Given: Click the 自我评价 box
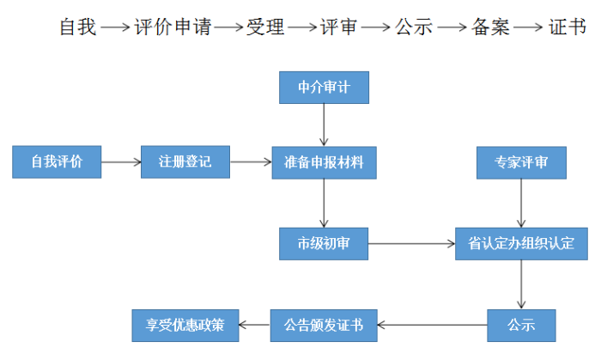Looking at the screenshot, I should pyautogui.click(x=57, y=162).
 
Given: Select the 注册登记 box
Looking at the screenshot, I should pyautogui.click(x=185, y=162).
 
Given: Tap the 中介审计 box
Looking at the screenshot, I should pyautogui.click(x=324, y=88).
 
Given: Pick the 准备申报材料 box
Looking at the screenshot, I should pyautogui.click(x=324, y=162).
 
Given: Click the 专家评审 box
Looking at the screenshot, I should pyautogui.click(x=521, y=162).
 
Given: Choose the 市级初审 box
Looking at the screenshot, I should pyautogui.click(x=324, y=243).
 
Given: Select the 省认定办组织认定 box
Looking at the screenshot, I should pyautogui.click(x=521, y=243).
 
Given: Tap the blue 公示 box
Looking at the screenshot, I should pyautogui.click(x=521, y=325).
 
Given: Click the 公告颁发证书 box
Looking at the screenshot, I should pyautogui.click(x=324, y=325).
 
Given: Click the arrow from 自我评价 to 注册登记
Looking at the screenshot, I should pyautogui.click(x=121, y=162).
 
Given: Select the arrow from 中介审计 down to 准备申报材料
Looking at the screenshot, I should pyautogui.click(x=324, y=125).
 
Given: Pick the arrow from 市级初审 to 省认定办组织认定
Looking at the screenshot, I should pyautogui.click(x=411, y=243).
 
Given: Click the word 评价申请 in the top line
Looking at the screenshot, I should pyautogui.click(x=173, y=27).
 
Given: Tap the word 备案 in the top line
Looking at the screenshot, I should pyautogui.click(x=490, y=27).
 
